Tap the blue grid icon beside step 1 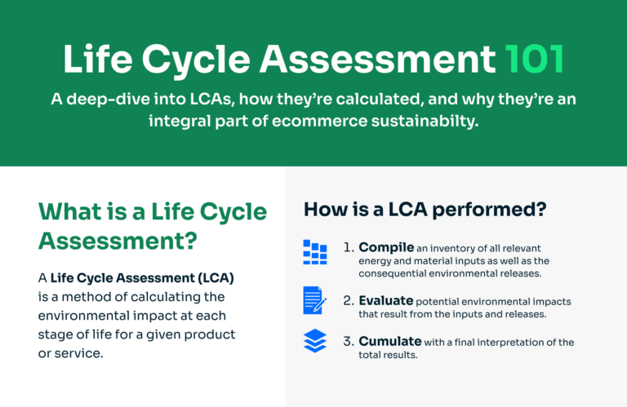[315, 252]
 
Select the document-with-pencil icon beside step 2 [315, 299]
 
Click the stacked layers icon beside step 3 [315, 341]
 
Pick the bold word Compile [386, 247]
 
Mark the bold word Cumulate [390, 342]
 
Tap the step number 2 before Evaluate [348, 301]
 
